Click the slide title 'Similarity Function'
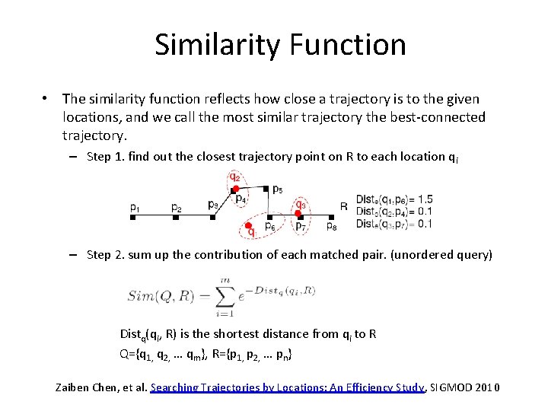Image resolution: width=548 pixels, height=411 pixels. click(x=280, y=45)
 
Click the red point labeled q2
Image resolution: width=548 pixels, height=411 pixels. click(x=237, y=188)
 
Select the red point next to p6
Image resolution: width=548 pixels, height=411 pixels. click(x=249, y=227)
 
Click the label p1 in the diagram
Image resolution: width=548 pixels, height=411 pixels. click(x=135, y=206)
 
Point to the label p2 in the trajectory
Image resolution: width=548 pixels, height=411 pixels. click(x=176, y=206)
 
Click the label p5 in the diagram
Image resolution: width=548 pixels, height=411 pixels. click(x=277, y=190)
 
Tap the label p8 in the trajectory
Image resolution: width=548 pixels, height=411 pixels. click(x=331, y=226)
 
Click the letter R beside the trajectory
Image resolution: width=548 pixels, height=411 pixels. click(x=344, y=205)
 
